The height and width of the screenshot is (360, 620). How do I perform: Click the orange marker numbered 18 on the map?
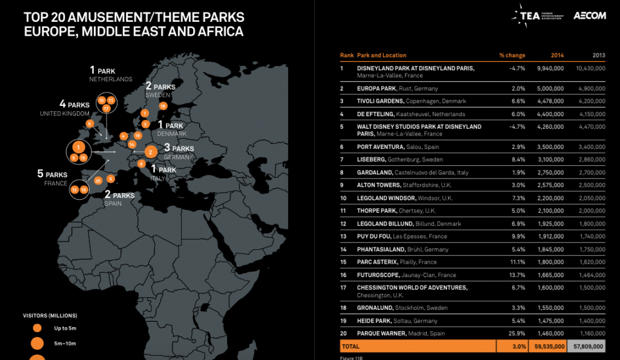162,106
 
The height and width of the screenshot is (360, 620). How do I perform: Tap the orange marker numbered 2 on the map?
150,152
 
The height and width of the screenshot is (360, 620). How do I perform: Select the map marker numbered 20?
98,180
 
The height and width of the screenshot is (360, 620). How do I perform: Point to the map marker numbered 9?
90,123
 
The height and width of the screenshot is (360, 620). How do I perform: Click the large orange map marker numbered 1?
77,146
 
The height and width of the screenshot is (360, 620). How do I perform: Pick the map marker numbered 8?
141,163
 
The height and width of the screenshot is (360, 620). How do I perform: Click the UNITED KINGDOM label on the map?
64,113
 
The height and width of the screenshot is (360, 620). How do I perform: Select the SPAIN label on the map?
113,204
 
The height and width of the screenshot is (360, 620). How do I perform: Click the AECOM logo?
590,16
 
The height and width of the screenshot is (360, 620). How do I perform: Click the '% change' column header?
512,55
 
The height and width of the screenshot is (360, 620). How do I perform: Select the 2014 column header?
557,55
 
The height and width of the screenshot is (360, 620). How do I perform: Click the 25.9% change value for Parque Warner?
516,333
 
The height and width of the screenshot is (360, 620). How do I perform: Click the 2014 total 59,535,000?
550,347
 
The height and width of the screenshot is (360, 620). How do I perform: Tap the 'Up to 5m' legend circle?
37,328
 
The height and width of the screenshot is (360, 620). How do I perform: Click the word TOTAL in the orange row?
351,347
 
